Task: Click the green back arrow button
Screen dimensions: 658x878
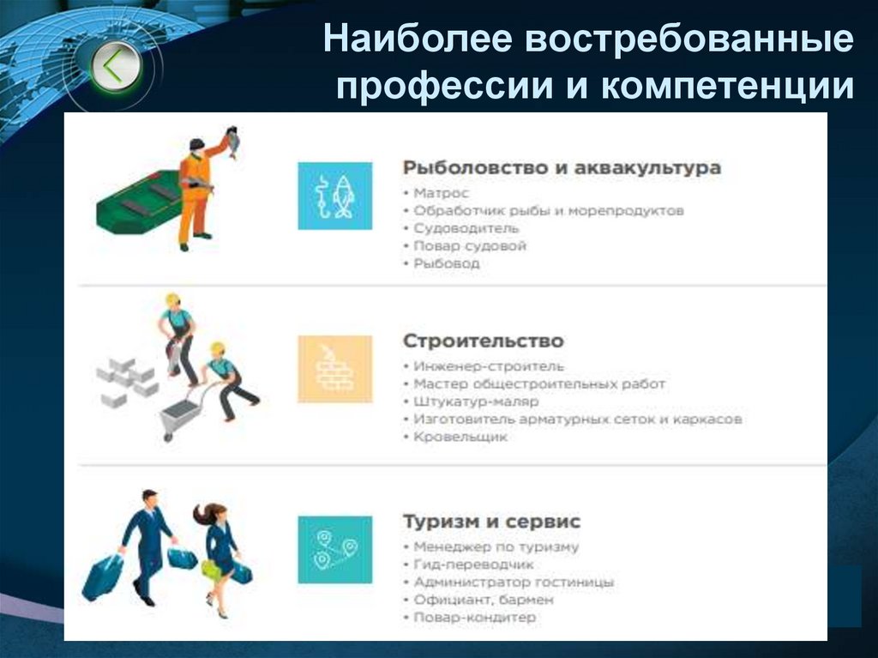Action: click(x=116, y=66)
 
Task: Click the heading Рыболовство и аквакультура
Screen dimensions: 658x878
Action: click(x=562, y=167)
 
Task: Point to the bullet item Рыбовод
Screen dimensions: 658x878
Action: click(x=446, y=263)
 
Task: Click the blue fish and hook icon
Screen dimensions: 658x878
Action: click(x=334, y=196)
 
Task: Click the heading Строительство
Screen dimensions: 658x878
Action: click(x=484, y=341)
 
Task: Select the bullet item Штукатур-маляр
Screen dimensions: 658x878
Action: click(x=476, y=401)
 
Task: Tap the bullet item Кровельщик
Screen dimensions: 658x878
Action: click(x=460, y=437)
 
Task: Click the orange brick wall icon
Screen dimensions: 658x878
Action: click(x=334, y=369)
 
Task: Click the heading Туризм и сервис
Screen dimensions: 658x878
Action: click(x=491, y=521)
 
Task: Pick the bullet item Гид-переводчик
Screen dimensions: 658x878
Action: click(x=473, y=564)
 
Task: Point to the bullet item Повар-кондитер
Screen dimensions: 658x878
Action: click(x=474, y=617)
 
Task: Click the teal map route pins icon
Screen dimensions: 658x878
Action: click(x=334, y=549)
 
